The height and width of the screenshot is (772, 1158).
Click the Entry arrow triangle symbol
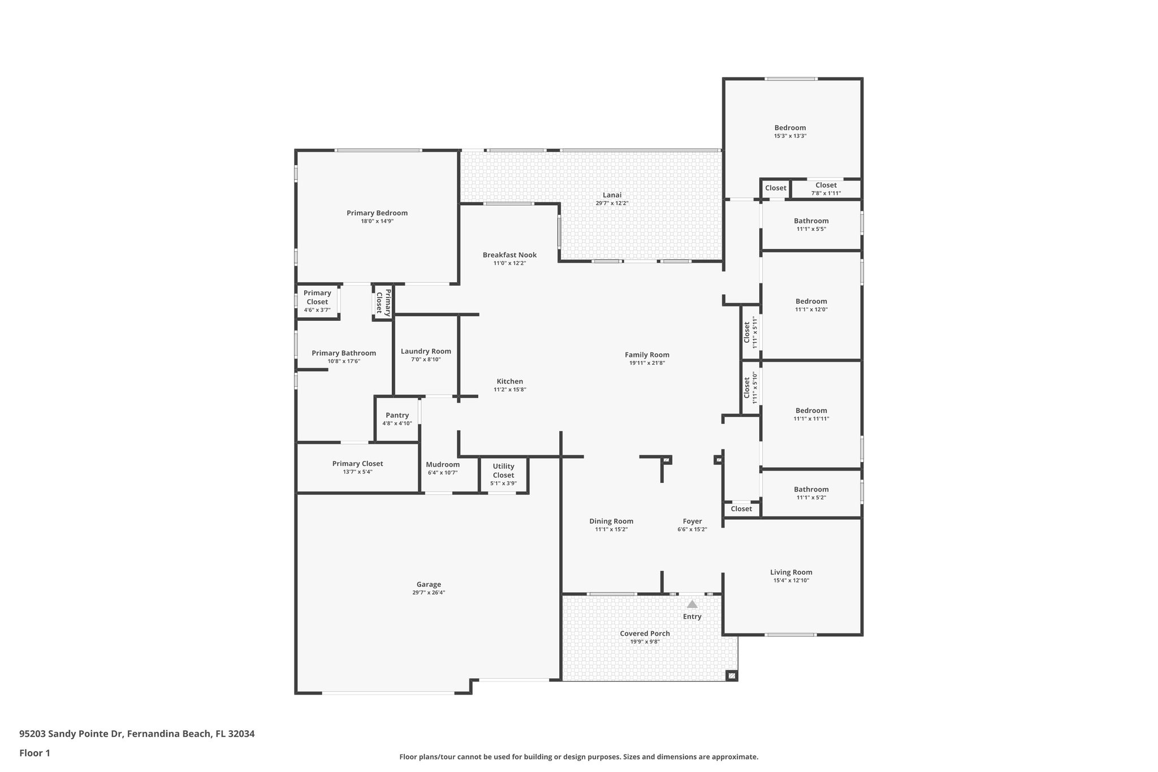(x=692, y=604)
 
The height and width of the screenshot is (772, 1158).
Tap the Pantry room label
(x=397, y=415)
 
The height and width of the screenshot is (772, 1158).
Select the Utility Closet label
(x=503, y=471)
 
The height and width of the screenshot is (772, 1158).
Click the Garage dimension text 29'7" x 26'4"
(x=429, y=593)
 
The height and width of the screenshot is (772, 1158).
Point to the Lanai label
(x=612, y=195)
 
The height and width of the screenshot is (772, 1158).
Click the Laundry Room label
(x=426, y=351)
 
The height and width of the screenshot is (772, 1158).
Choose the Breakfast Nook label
(x=509, y=255)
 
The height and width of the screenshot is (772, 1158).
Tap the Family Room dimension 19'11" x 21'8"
(x=647, y=363)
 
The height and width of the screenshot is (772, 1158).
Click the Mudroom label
(x=443, y=464)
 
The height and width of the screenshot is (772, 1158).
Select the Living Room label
(x=791, y=572)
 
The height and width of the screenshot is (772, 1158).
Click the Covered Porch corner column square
(x=731, y=675)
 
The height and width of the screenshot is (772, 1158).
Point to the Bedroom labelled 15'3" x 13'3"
(x=790, y=128)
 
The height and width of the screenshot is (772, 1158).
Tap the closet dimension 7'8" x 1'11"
(x=826, y=193)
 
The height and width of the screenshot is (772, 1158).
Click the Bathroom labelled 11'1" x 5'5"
(x=811, y=221)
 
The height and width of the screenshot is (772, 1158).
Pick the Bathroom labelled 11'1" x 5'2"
(x=811, y=489)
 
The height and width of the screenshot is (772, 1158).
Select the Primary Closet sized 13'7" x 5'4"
(x=357, y=464)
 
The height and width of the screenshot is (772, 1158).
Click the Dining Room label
(x=611, y=521)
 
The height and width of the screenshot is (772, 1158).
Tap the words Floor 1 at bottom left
(x=34, y=753)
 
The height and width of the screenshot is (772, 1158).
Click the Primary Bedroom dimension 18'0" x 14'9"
(x=377, y=221)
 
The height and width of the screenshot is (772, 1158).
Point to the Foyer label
(x=692, y=521)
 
